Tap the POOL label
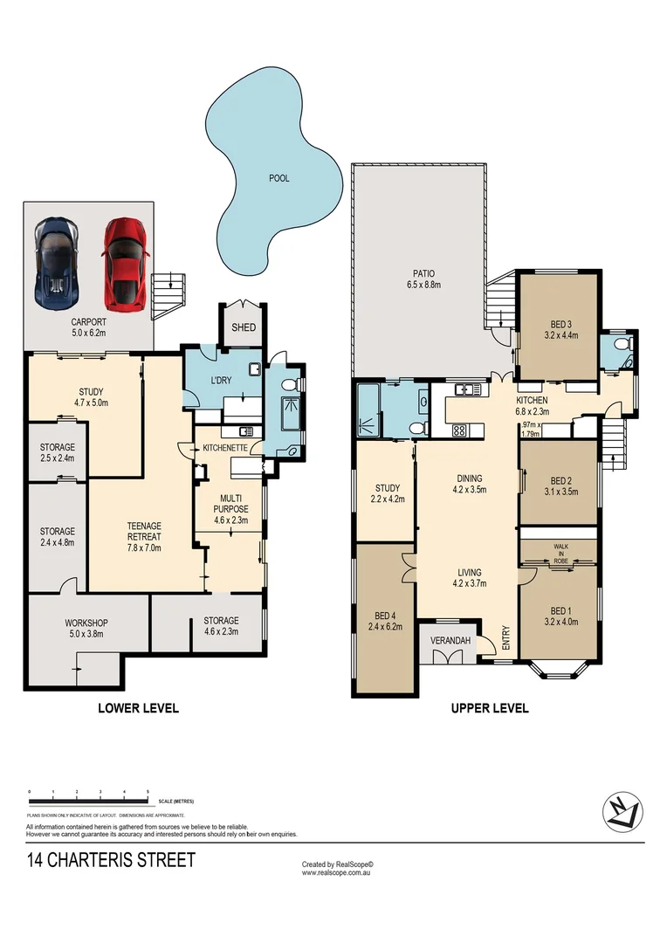click(278, 178)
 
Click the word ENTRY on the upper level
click(505, 638)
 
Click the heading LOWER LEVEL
click(138, 708)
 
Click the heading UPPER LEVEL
click(489, 708)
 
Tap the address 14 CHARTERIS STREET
click(111, 861)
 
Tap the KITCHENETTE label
click(228, 448)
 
